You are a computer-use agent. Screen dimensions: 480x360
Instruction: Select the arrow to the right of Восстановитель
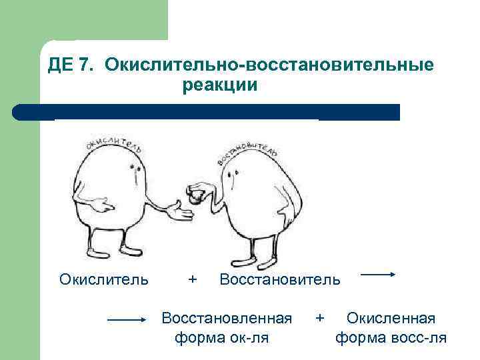(380, 274)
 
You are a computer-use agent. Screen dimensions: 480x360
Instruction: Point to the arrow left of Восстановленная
(127, 320)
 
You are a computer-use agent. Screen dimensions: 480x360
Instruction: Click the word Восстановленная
(227, 318)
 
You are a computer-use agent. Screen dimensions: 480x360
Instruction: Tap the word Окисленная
(391, 318)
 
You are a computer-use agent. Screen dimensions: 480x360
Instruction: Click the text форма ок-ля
(221, 337)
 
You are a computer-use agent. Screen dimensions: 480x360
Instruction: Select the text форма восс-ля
(391, 337)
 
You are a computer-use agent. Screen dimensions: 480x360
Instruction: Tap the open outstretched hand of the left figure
(179, 210)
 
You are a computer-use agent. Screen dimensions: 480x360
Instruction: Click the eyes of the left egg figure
(134, 164)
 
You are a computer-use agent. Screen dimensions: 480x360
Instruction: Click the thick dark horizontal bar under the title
(207, 111)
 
